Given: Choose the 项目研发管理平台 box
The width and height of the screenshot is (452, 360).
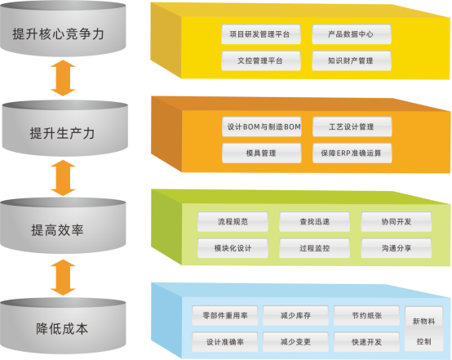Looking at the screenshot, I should pyautogui.click(x=261, y=35).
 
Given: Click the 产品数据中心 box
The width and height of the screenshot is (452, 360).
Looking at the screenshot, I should pyautogui.click(x=352, y=35).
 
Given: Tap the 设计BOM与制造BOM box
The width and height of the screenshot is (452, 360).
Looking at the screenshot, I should pyautogui.click(x=262, y=127).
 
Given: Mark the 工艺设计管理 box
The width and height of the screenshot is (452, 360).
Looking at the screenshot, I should pyautogui.click(x=352, y=127).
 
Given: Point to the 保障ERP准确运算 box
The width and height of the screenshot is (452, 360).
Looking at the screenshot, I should pyautogui.click(x=352, y=153).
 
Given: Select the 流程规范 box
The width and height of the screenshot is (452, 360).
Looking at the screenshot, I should pyautogui.click(x=233, y=221).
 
